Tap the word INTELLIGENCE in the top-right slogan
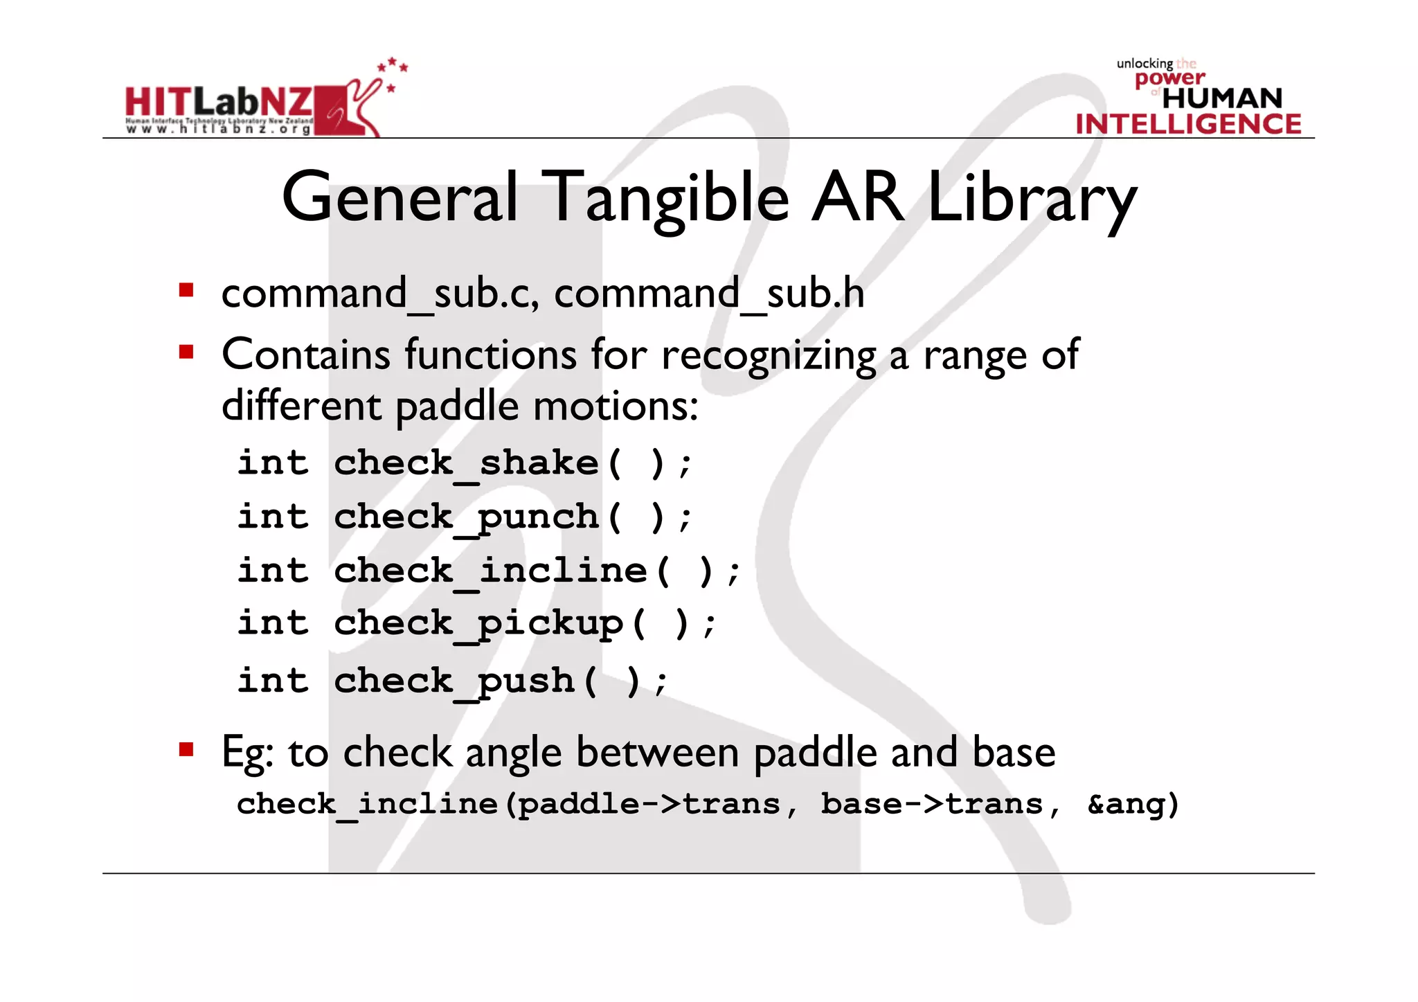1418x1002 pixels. click(x=1188, y=125)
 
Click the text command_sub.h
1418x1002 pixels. click(x=709, y=294)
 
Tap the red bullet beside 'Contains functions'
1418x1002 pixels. click(x=186, y=352)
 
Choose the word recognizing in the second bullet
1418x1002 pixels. click(x=769, y=356)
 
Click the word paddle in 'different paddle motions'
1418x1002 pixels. click(x=457, y=406)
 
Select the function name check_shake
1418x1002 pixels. click(x=466, y=463)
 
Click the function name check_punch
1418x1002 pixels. click(x=466, y=517)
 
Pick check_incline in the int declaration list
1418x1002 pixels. click(x=490, y=571)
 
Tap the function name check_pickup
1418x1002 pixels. click(x=478, y=624)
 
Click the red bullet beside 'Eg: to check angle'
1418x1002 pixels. click(x=186, y=749)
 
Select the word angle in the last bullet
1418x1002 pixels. click(x=513, y=753)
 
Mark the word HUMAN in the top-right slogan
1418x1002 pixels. click(x=1223, y=98)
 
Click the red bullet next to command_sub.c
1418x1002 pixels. click(x=186, y=289)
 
